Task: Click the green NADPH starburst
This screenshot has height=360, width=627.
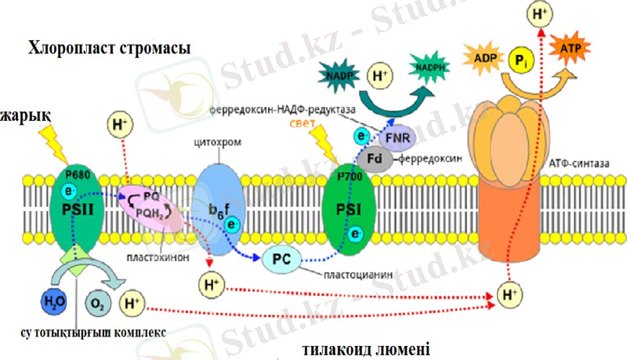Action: [433, 69]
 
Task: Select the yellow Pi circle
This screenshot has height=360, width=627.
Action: [520, 60]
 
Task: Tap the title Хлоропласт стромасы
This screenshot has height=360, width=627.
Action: [110, 49]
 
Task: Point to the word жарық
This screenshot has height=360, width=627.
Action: [24, 116]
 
